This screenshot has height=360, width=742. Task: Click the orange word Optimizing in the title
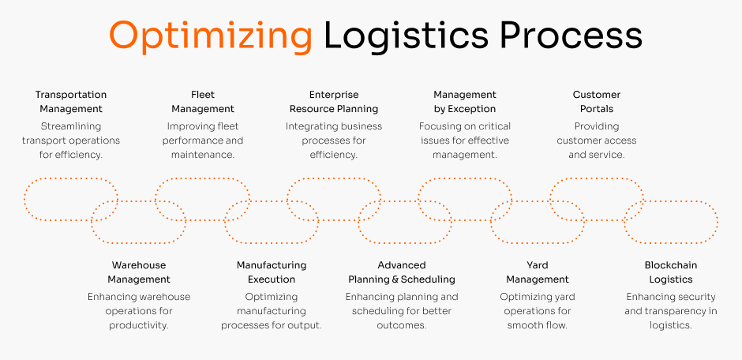click(210, 36)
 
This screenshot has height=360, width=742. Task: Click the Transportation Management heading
click(71, 102)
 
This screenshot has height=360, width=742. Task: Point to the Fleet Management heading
click(203, 102)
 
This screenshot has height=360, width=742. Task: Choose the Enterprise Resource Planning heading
click(334, 102)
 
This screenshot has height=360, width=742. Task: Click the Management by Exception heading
click(465, 102)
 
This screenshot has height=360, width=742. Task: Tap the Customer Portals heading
click(597, 102)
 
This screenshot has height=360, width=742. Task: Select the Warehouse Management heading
click(139, 272)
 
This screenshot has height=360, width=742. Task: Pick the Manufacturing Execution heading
click(272, 272)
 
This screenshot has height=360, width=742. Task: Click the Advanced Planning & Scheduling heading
click(402, 272)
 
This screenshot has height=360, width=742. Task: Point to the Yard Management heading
click(538, 272)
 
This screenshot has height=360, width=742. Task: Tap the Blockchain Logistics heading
click(671, 272)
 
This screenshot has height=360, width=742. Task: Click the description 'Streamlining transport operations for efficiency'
click(71, 141)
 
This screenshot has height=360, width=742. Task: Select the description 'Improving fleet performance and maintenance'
click(203, 141)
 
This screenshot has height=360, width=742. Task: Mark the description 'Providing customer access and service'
click(597, 141)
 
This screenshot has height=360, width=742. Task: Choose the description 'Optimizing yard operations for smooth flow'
click(538, 311)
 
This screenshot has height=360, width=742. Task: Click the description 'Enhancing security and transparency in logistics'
click(671, 311)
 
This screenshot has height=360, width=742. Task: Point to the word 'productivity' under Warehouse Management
click(138, 325)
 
